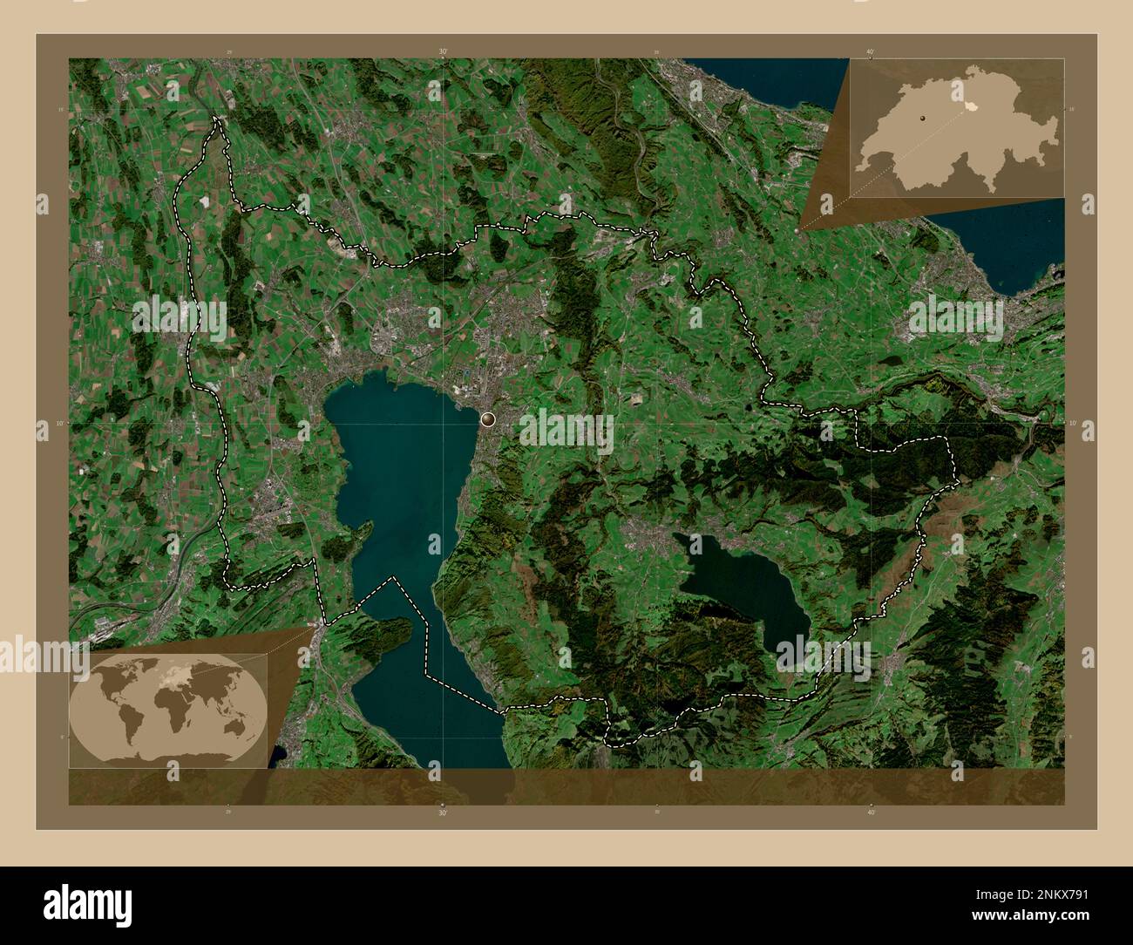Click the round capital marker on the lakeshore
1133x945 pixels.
(x=487, y=419)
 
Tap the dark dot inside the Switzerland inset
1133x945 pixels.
(x=921, y=114)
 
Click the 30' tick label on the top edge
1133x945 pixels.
(x=443, y=51)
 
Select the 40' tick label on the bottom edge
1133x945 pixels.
(x=871, y=812)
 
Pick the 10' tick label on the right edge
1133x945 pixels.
(x=1072, y=423)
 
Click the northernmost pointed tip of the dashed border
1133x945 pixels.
(x=216, y=119)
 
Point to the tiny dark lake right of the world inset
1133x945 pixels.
(x=278, y=755)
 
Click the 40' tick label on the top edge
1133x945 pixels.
(x=871, y=51)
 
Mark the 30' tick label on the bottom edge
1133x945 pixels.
(x=443, y=812)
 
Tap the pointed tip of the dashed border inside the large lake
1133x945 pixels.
(x=395, y=577)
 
